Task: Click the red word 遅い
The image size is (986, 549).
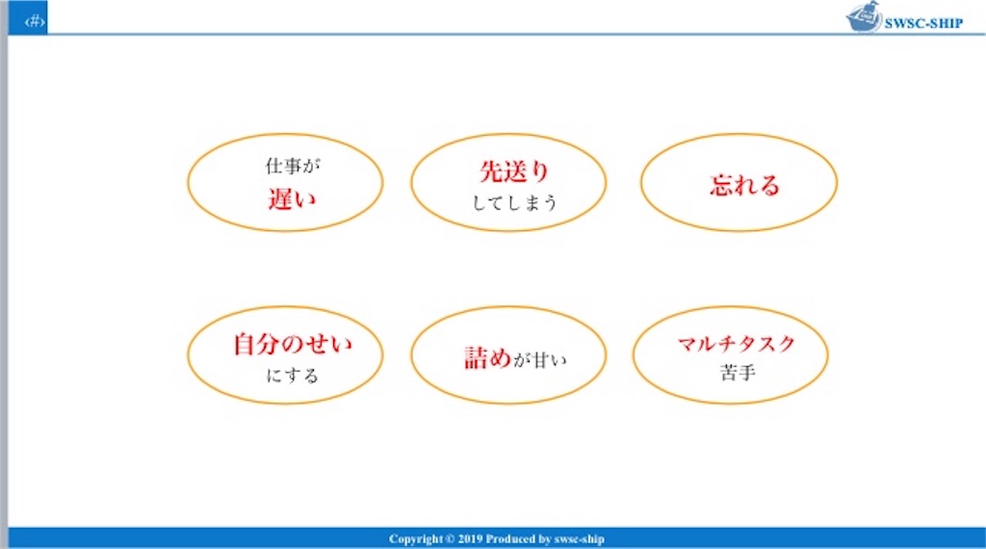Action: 292,199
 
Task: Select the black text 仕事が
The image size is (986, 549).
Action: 292,166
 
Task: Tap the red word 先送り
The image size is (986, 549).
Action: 514,171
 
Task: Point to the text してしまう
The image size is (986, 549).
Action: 515,203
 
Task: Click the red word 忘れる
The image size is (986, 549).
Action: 744,185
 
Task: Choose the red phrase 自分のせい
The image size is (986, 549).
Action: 293,344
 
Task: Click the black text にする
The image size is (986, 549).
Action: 292,375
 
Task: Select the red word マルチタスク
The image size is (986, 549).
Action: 736,344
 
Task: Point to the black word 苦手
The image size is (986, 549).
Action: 737,373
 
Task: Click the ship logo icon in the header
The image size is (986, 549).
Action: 863,17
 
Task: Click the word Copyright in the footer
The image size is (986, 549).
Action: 415,539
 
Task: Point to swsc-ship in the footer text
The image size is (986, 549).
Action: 582,539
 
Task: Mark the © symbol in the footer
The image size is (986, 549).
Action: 450,539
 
